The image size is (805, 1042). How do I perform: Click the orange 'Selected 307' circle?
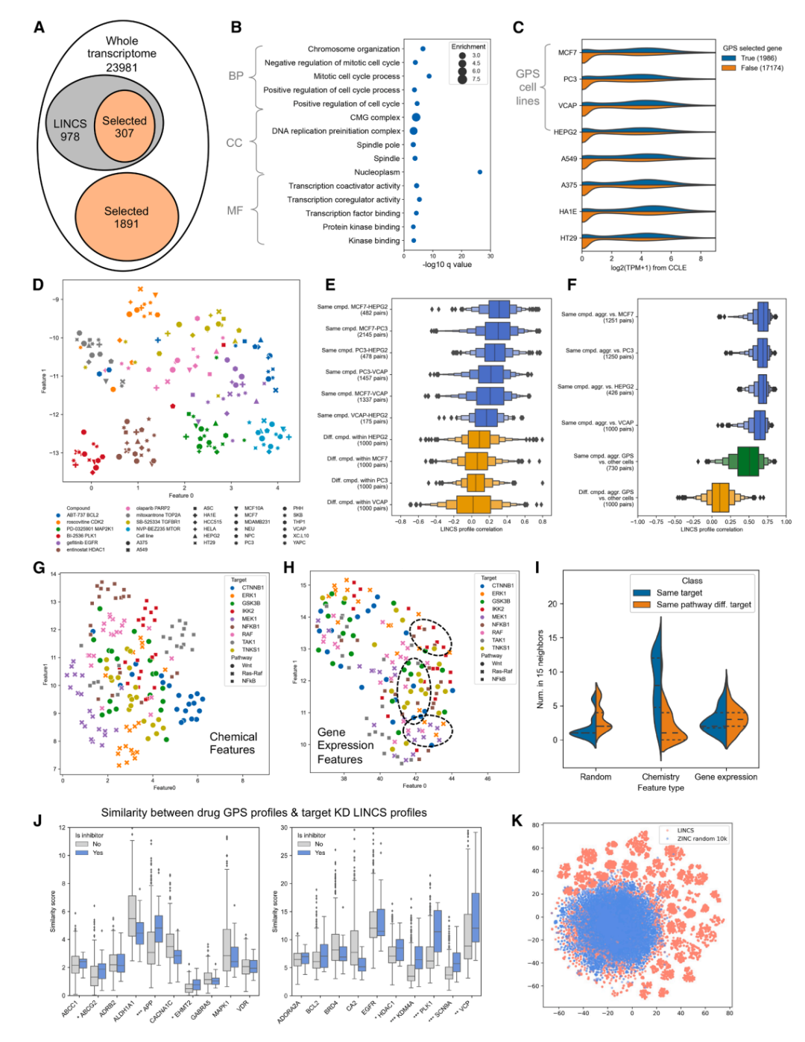click(x=124, y=127)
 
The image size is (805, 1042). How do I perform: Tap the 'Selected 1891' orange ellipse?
click(x=126, y=218)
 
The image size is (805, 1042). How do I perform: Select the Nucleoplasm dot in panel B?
click(x=480, y=172)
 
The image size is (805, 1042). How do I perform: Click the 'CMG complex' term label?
click(x=375, y=118)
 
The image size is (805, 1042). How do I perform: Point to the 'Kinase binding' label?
click(x=374, y=241)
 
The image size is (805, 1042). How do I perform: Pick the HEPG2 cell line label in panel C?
click(x=565, y=132)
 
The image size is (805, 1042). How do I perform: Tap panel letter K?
click(x=517, y=821)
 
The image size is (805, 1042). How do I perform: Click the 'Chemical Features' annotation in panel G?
click(x=233, y=743)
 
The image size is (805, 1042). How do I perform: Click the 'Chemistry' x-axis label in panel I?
click(x=660, y=777)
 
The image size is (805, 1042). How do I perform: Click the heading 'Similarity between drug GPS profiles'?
click(x=264, y=812)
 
